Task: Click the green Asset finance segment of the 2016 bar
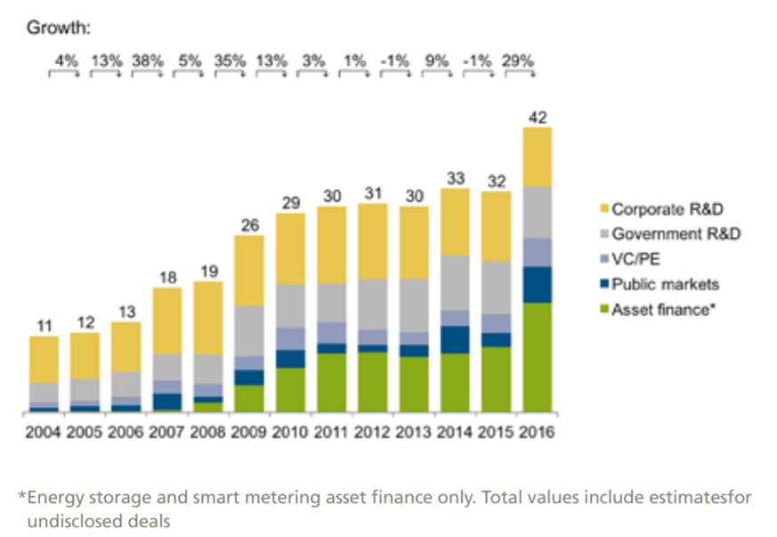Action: tap(538, 357)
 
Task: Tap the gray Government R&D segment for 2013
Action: tap(415, 305)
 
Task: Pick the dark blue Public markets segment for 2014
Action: tap(455, 339)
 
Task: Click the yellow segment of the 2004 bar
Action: tap(37, 360)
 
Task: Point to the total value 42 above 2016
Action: tap(538, 117)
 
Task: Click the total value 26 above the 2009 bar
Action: tap(249, 224)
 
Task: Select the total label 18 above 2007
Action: tap(166, 278)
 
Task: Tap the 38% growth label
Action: tap(147, 61)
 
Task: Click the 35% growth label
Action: tap(231, 61)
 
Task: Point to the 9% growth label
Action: tap(437, 61)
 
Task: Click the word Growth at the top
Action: tap(59, 28)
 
